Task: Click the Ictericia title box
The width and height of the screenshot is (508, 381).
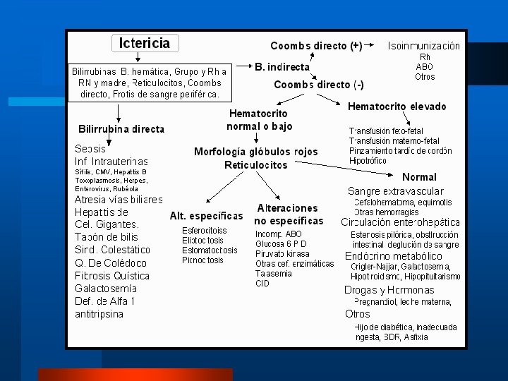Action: click(x=145, y=43)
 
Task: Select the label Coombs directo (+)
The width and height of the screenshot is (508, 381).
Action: click(x=316, y=47)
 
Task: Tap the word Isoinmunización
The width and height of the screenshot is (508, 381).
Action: click(x=423, y=46)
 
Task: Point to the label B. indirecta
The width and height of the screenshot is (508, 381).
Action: click(x=282, y=67)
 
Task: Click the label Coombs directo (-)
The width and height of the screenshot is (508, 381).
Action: click(x=319, y=85)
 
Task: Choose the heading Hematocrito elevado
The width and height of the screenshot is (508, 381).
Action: click(x=397, y=107)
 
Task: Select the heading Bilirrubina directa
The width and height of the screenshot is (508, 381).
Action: click(x=121, y=129)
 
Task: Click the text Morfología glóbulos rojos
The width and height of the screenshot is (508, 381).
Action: click(x=255, y=152)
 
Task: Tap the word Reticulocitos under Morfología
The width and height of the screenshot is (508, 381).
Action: click(x=255, y=164)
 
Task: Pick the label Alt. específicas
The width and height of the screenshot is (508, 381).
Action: click(x=206, y=215)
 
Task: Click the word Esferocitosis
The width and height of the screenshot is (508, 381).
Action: click(x=204, y=230)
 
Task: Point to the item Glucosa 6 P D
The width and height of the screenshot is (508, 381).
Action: click(x=281, y=243)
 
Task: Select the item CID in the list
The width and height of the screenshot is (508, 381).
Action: click(x=262, y=284)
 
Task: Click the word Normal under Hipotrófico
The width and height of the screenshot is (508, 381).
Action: click(x=419, y=176)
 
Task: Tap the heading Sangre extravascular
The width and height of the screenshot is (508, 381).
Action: click(x=395, y=191)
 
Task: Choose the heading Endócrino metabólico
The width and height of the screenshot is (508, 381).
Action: click(x=393, y=255)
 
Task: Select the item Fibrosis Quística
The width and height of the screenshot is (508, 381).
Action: click(x=112, y=275)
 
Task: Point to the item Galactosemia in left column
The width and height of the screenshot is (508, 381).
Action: click(x=105, y=288)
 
